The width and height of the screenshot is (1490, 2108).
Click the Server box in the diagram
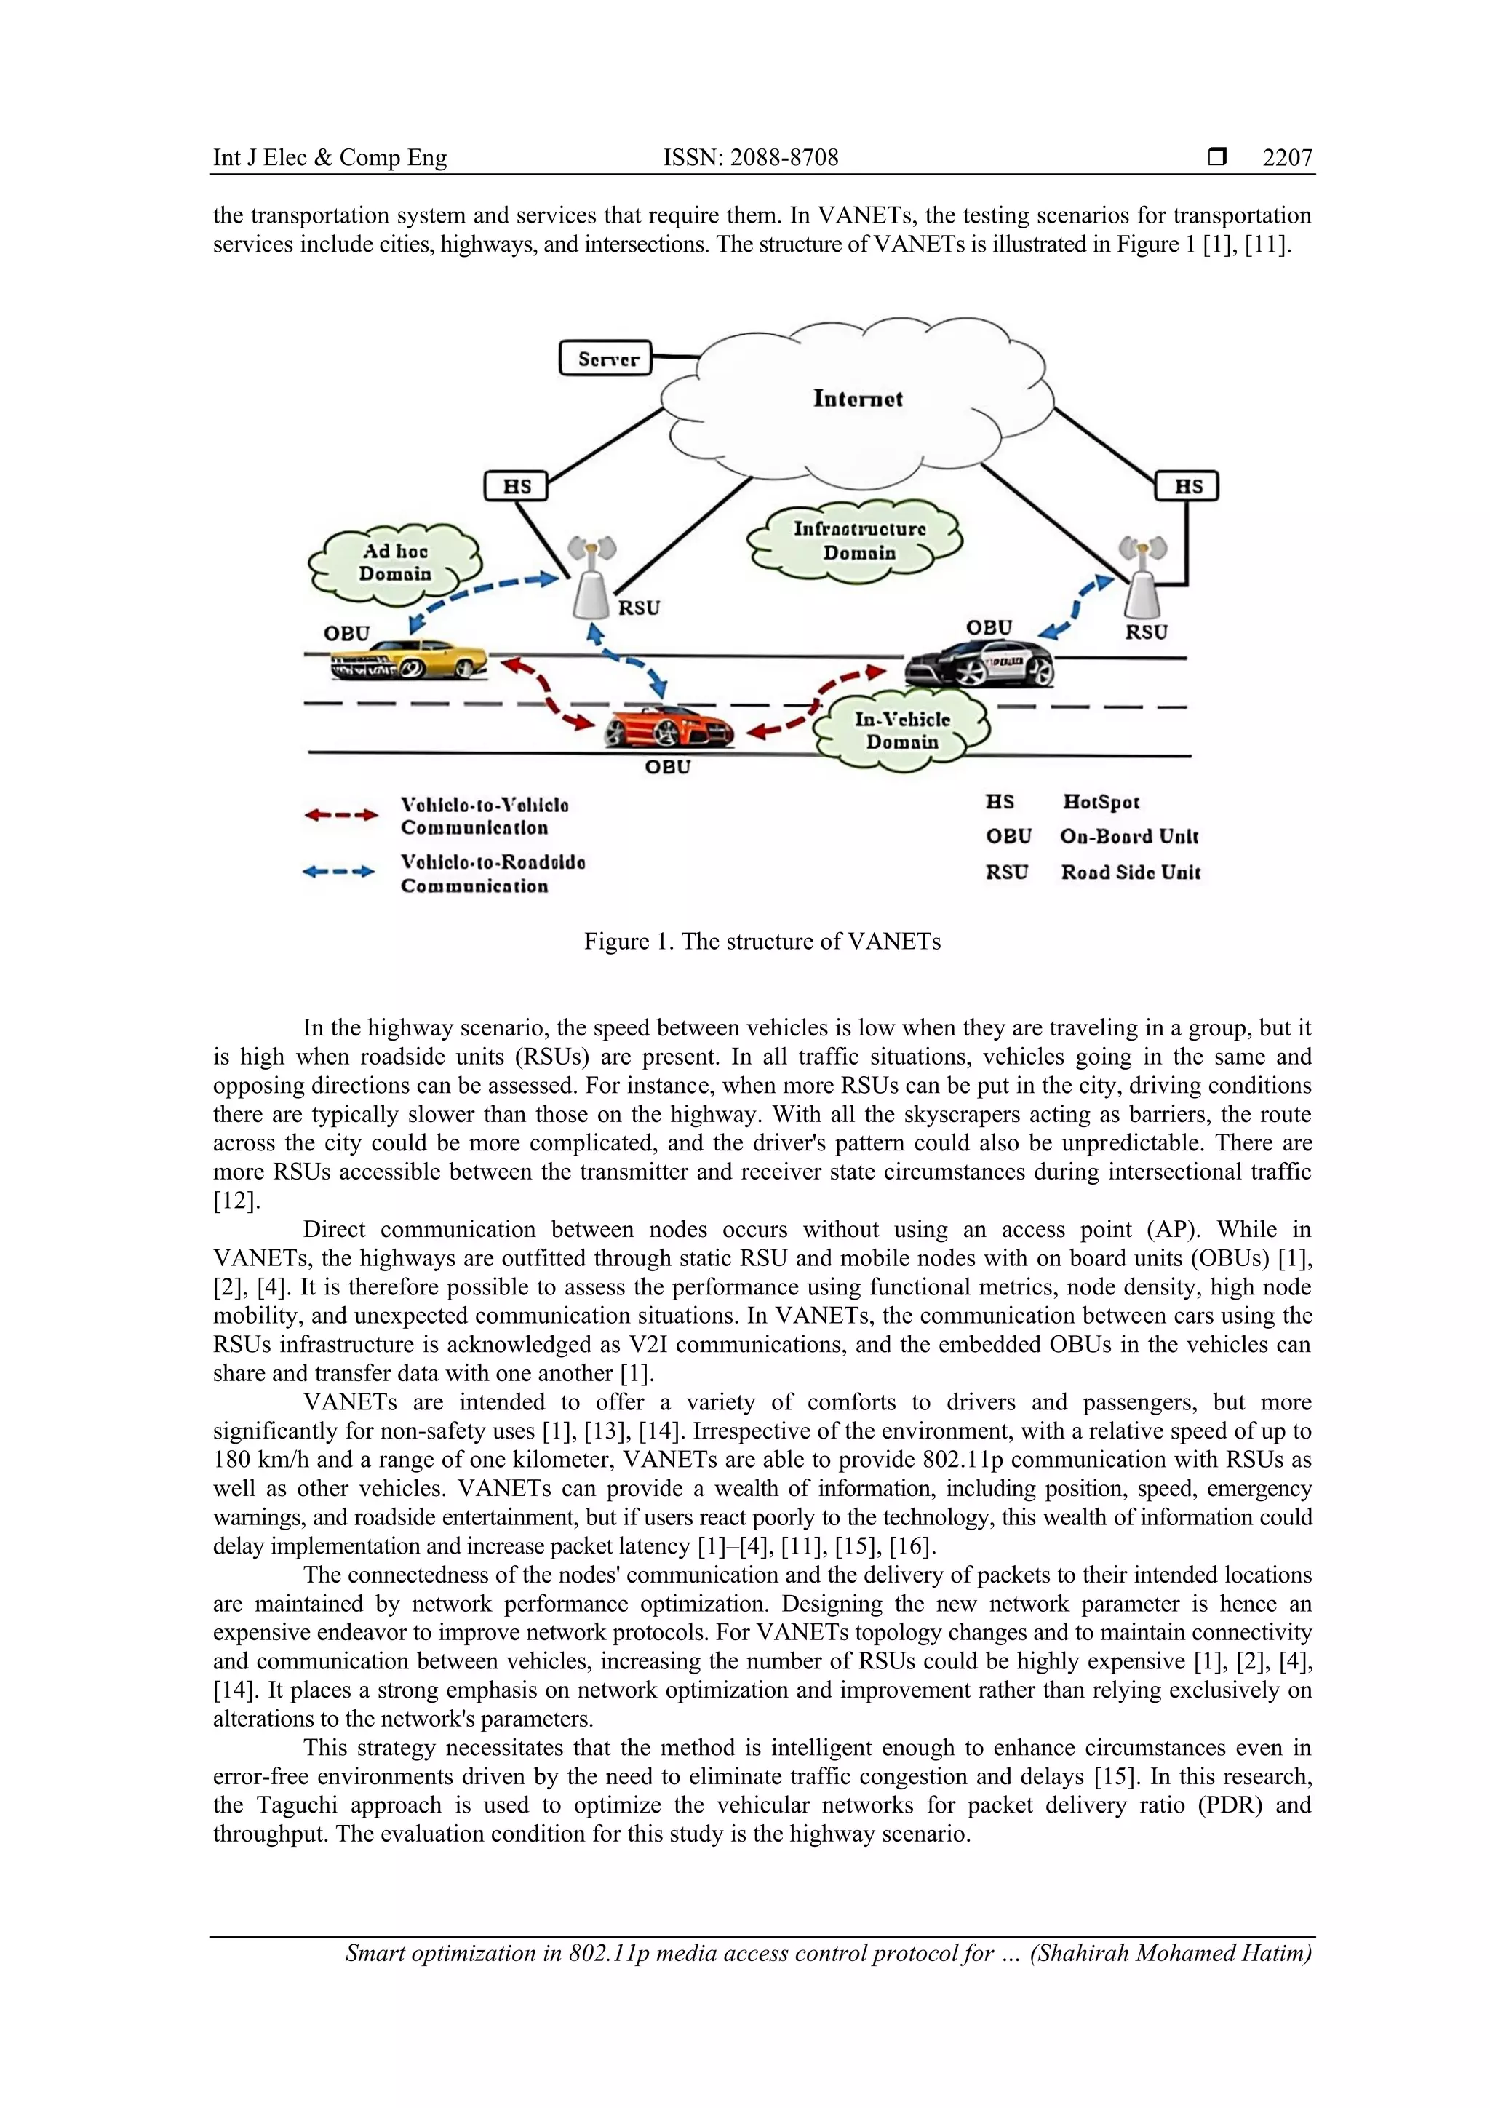606,358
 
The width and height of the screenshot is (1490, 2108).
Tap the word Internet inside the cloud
858,399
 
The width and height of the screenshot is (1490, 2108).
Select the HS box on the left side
516,485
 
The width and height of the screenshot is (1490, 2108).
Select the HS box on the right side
1187,485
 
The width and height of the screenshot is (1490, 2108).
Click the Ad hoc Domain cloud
396,562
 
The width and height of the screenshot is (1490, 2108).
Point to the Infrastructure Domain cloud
858,541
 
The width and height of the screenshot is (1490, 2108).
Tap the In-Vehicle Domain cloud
904,731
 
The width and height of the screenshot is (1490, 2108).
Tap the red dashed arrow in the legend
340,814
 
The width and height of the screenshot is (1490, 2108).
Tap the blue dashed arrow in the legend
339,871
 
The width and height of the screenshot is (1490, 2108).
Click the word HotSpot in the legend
1101,802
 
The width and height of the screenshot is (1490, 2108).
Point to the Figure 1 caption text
762,941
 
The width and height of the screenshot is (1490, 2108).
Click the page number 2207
1286,158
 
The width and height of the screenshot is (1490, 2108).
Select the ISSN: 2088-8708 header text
750,158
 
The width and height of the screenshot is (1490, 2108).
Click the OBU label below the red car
667,767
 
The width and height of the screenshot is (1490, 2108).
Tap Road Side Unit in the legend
1130,872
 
